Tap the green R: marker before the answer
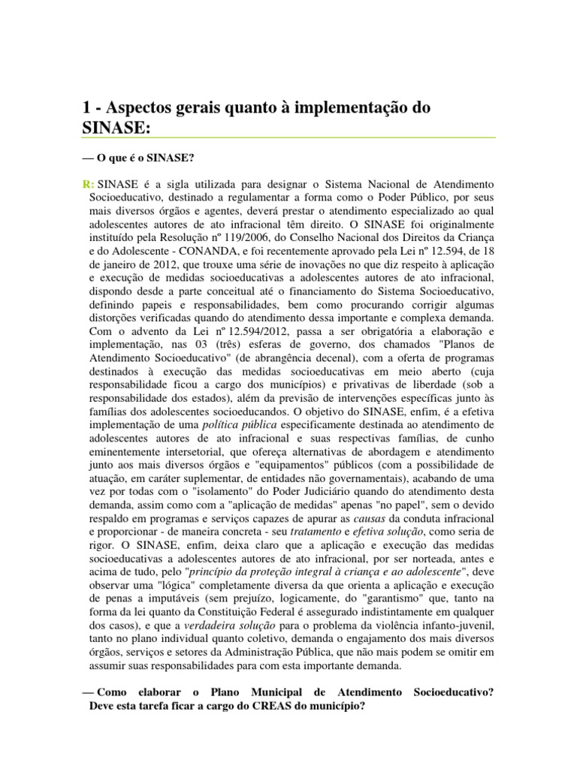(88, 185)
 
